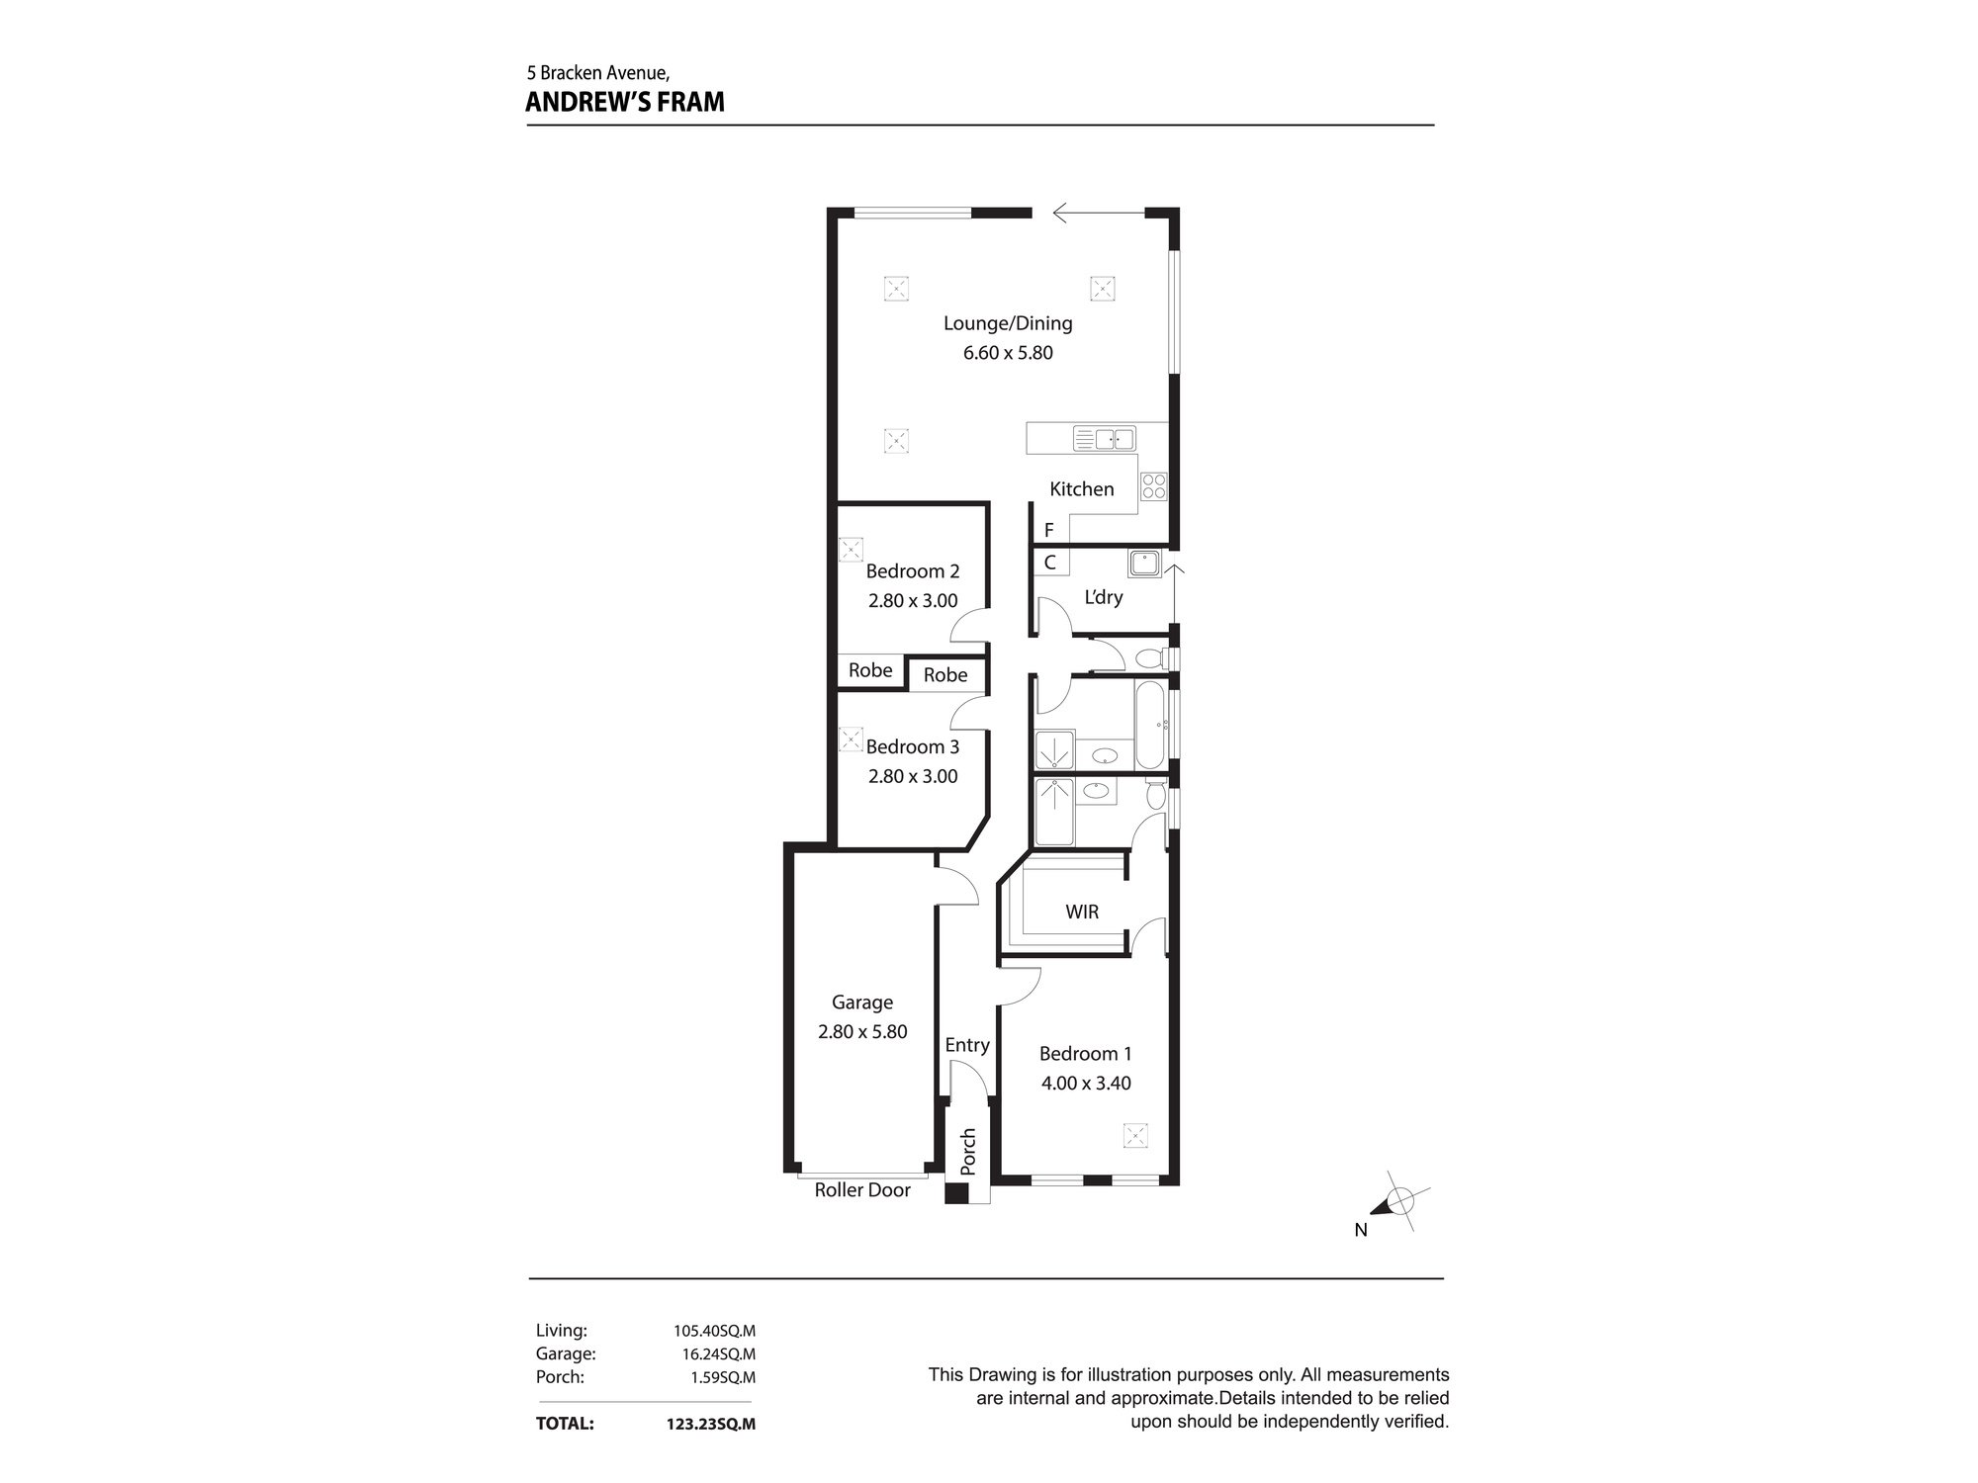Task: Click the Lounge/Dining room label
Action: point(1008,323)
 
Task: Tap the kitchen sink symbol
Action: point(1104,439)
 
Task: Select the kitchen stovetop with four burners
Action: point(1153,486)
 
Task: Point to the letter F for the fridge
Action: point(1049,531)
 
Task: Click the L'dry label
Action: point(1104,597)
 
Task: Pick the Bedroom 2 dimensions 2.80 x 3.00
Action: point(913,601)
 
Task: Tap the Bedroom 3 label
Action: point(913,747)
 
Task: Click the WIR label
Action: point(1082,912)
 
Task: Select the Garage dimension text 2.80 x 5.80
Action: point(862,1032)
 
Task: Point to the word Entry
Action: point(967,1045)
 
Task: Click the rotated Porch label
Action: point(968,1152)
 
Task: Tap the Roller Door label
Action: point(862,1190)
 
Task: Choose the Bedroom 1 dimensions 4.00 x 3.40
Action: point(1086,1084)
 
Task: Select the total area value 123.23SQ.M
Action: point(711,1425)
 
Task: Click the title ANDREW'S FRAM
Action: point(625,102)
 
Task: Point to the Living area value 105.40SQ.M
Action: point(714,1332)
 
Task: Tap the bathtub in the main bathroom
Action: point(1150,725)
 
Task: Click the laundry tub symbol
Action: point(1144,564)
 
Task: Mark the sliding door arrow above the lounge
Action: point(1099,213)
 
